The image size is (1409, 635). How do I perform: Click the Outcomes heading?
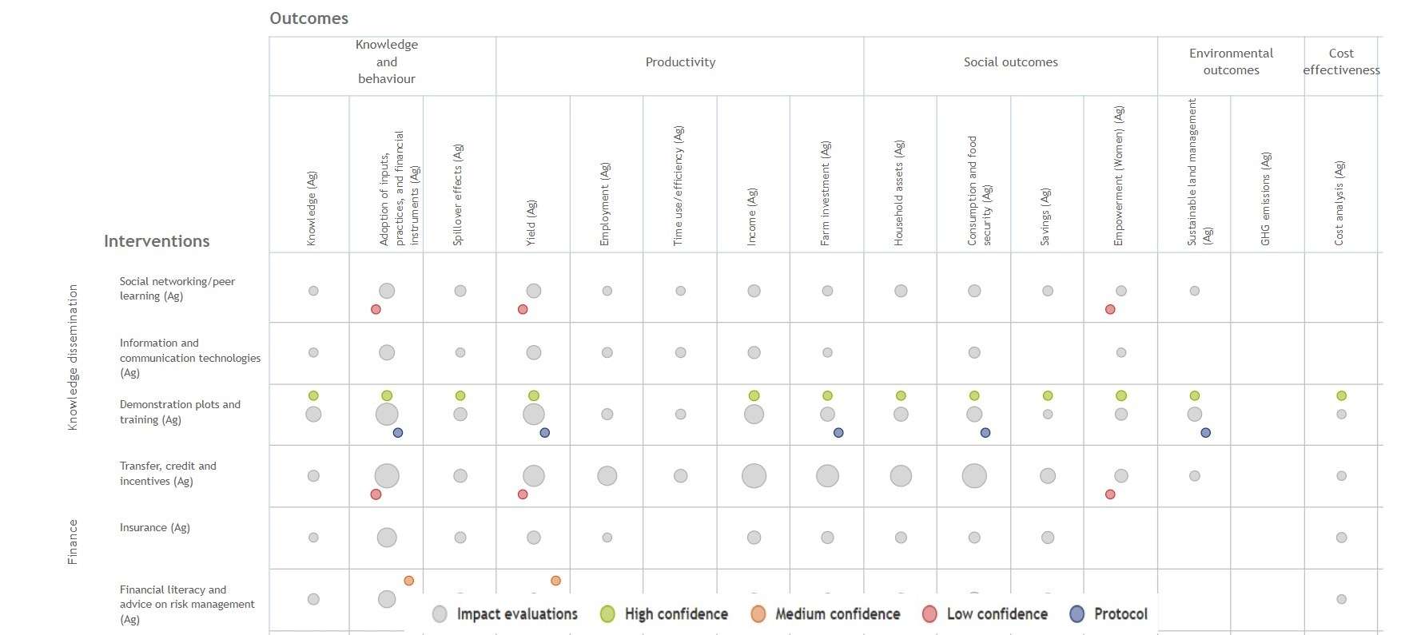pos(308,18)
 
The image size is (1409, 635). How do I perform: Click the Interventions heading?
pos(157,241)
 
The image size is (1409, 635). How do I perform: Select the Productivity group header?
pos(680,62)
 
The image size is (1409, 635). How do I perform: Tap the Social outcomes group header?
pos(1010,62)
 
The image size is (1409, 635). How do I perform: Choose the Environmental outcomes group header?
pos(1231,62)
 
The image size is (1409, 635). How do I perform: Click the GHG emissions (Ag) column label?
pos(1265,199)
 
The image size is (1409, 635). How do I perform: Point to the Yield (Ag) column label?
pos(531,222)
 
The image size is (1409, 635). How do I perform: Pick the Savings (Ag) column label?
pos(1045,216)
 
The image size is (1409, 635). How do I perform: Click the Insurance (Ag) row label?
pos(155,528)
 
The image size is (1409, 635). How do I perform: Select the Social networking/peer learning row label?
pos(177,288)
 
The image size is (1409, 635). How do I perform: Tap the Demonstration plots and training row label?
pos(180,412)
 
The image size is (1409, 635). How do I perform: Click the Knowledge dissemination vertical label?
pos(73,357)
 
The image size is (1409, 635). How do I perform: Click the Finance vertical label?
pos(73,542)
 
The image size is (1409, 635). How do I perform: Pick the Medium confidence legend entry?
pos(826,614)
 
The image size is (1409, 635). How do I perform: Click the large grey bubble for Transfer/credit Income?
pos(754,476)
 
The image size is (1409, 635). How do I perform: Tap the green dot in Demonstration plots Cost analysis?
pos(1341,395)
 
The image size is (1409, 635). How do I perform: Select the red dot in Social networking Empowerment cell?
pos(1110,309)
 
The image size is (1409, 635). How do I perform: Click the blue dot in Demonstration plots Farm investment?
pos(838,433)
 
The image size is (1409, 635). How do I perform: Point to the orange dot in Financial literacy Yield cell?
pos(555,581)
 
